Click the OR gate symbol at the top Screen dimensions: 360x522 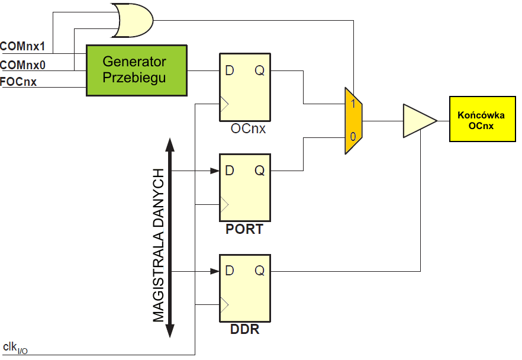(x=131, y=21)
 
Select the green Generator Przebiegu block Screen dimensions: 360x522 (x=137, y=70)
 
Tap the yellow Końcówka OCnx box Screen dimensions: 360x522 (x=476, y=118)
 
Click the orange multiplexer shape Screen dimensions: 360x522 (x=353, y=121)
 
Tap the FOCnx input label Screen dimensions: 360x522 (x=18, y=82)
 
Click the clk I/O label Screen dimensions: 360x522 (x=15, y=348)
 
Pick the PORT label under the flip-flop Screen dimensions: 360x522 (x=244, y=229)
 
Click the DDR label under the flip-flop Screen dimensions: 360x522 (x=244, y=329)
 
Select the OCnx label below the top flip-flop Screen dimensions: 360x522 (x=248, y=128)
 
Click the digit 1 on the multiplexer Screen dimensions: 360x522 (x=353, y=104)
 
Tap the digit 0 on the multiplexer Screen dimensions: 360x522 (x=353, y=137)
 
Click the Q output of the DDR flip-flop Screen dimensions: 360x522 (x=260, y=271)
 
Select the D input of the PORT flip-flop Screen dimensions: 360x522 (x=230, y=171)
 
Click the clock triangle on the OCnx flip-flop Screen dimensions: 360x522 (x=223, y=104)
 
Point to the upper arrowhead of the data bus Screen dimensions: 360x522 (x=169, y=144)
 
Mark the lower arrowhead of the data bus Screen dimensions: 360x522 (x=169, y=335)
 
